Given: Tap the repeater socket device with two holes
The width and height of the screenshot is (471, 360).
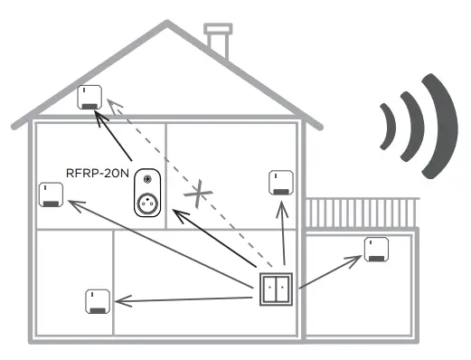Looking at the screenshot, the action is (147, 194).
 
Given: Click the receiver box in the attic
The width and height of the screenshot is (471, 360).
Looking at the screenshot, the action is (89, 97).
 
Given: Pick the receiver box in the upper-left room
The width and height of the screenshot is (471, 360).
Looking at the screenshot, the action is (51, 194).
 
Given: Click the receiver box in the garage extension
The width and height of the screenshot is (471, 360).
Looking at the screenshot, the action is (376, 249).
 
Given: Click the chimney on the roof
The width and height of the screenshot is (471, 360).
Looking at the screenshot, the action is (218, 41).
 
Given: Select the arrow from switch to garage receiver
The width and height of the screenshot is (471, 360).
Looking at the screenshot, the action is (330, 272).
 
